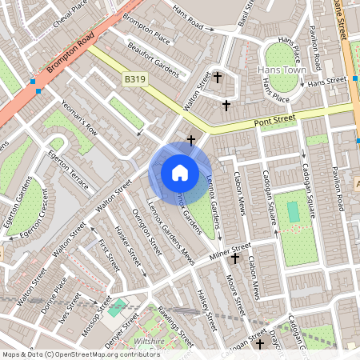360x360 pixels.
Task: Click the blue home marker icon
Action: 180,172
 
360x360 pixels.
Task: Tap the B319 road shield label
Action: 134,80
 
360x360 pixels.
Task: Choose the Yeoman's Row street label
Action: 80,117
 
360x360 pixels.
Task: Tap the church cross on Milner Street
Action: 235,258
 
